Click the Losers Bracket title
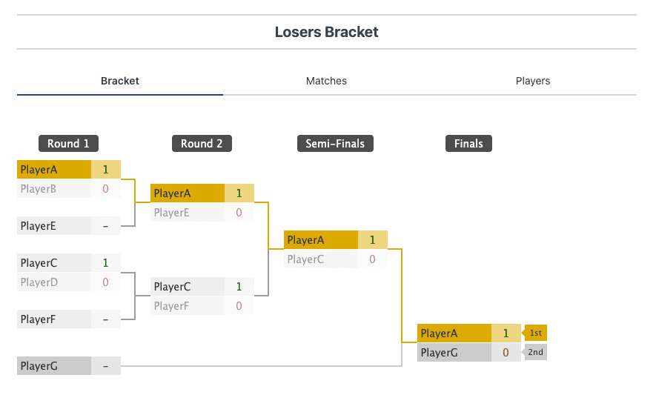[326, 32]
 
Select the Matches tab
[326, 81]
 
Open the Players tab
[532, 81]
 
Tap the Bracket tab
[120, 81]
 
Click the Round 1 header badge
[69, 144]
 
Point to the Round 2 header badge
[202, 144]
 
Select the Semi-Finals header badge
[335, 144]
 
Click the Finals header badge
[468, 144]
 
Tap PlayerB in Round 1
[39, 189]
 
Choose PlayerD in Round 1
[39, 282]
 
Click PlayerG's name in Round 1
[39, 366]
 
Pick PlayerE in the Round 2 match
[173, 213]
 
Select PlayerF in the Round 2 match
[173, 305]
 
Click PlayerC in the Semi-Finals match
[305, 259]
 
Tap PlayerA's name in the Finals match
[440, 333]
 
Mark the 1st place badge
[535, 333]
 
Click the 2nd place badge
[535, 353]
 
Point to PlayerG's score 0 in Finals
[506, 353]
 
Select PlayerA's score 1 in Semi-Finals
[372, 240]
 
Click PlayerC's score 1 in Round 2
[239, 286]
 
